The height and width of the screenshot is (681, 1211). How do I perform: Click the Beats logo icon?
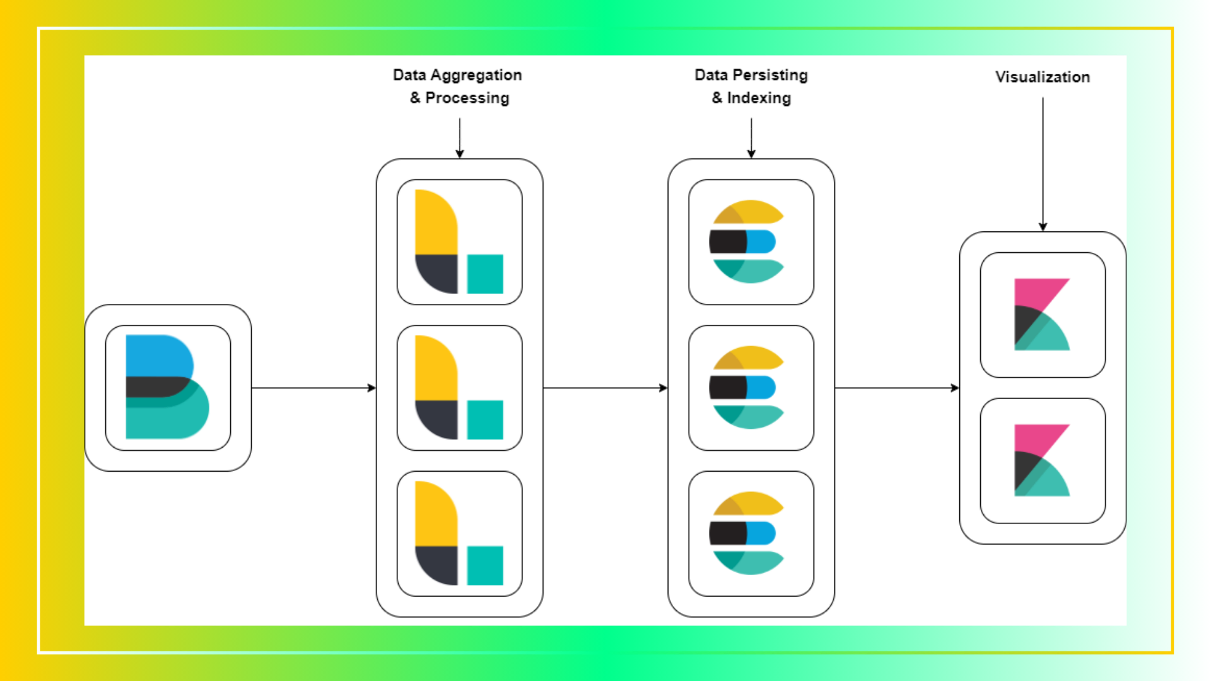[167, 387]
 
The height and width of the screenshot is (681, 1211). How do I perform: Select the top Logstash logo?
[459, 242]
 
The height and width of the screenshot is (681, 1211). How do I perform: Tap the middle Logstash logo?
[459, 388]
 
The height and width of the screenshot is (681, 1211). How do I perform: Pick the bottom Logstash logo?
[459, 533]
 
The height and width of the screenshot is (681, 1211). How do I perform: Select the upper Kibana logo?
[1041, 315]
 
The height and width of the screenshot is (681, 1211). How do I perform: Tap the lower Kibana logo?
[1041, 460]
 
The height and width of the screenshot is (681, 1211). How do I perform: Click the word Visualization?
[1042, 77]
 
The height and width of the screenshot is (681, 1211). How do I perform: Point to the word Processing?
[467, 98]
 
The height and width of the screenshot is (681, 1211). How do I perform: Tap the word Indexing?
[759, 98]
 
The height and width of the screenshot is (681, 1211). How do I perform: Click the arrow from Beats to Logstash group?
[313, 388]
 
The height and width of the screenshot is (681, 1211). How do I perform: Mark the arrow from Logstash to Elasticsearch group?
[605, 388]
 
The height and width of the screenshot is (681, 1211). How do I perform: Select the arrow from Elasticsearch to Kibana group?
[896, 388]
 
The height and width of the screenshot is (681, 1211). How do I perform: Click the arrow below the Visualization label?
[1043, 164]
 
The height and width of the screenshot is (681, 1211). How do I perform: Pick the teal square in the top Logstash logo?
[485, 274]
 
